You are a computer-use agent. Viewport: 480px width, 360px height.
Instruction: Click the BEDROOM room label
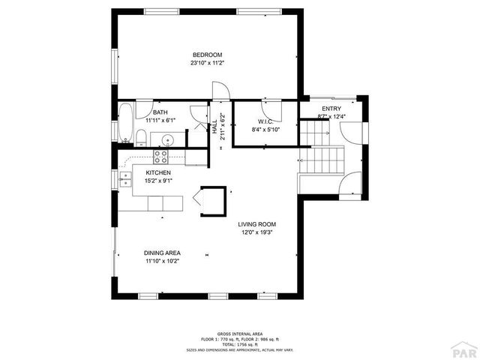click(x=207, y=55)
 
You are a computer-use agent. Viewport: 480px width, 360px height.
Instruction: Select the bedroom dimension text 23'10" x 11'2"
click(x=207, y=63)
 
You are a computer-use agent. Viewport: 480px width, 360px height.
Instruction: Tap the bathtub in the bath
click(x=124, y=123)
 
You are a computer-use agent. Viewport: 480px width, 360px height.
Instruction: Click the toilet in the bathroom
click(x=139, y=136)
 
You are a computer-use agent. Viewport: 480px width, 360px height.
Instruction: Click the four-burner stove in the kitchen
click(x=160, y=157)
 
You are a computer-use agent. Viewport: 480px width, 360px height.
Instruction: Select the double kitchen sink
click(x=124, y=180)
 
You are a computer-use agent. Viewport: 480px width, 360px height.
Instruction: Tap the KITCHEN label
click(x=148, y=172)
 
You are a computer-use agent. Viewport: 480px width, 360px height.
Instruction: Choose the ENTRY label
click(x=331, y=109)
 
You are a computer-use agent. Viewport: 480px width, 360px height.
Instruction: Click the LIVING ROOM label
click(x=257, y=224)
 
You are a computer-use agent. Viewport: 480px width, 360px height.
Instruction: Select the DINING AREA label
click(x=162, y=253)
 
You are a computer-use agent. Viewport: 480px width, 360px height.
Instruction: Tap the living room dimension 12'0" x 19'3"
click(x=257, y=232)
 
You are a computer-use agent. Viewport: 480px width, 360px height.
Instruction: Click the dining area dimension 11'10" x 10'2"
click(x=162, y=261)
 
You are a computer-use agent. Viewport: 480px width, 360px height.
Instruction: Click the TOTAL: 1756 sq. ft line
click(x=240, y=344)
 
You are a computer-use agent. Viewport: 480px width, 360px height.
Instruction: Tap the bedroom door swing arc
click(x=220, y=91)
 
